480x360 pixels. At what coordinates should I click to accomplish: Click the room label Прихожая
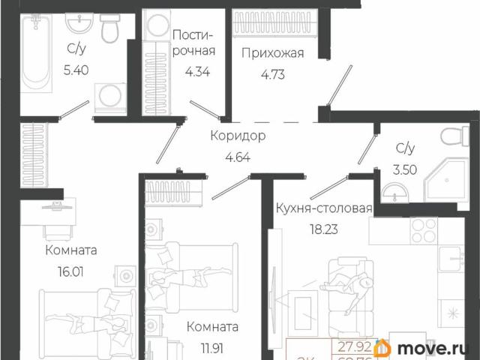[x=272, y=52]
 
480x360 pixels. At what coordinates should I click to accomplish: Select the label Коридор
[x=238, y=137]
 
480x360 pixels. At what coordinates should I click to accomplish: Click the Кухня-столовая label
[x=323, y=208]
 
